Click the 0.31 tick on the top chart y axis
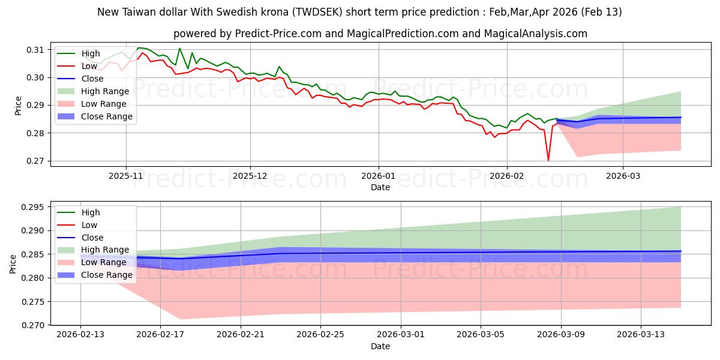pyautogui.click(x=35, y=50)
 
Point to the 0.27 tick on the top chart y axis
pyautogui.click(x=35, y=161)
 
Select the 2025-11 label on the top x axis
pyautogui.click(x=126, y=176)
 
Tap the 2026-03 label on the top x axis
pyautogui.click(x=622, y=176)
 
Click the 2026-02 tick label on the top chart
pyautogui.click(x=507, y=176)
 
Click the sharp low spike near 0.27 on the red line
pyautogui.click(x=548, y=160)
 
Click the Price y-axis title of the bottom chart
pyautogui.click(x=13, y=263)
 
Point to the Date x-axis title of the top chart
pyautogui.click(x=380, y=187)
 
